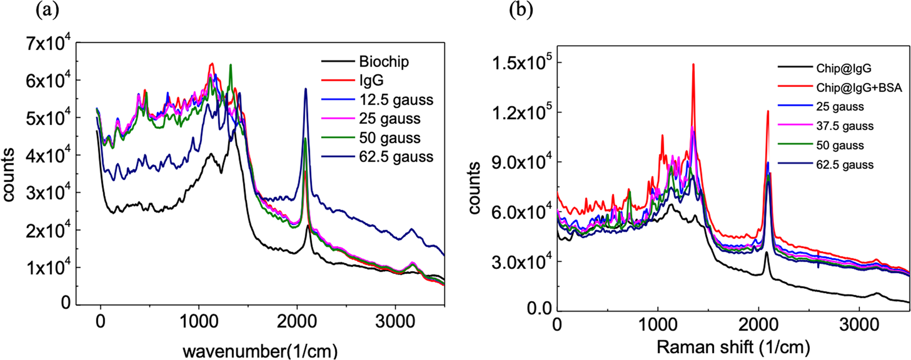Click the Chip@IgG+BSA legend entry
pyautogui.click(x=859, y=88)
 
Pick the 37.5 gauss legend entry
pyautogui.click(x=845, y=126)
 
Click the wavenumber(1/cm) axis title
pyautogui.click(x=260, y=351)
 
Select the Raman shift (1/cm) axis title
pyautogui.click(x=733, y=348)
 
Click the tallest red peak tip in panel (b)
pyautogui.click(x=693, y=64)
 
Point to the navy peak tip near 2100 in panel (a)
pyautogui.click(x=305, y=89)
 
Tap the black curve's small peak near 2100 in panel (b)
pyautogui.click(x=766, y=253)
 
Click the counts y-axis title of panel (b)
pyautogui.click(x=474, y=188)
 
